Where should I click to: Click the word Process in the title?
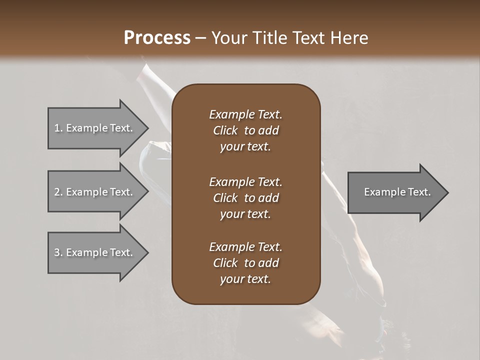pos(157,38)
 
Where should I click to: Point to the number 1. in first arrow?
pos(58,128)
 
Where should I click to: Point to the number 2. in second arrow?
pos(58,192)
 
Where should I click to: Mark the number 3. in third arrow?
pos(58,252)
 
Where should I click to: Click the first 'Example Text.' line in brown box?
pos(245,114)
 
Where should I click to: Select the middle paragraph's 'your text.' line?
pos(245,214)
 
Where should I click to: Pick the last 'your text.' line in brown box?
pos(245,279)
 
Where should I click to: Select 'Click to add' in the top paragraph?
pos(245,130)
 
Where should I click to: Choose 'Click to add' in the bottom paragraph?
pos(245,263)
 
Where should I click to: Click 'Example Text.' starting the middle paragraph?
pos(245,181)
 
